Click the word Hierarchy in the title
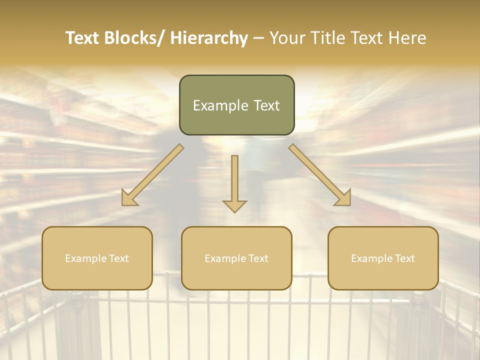tap(209, 38)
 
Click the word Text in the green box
tap(266, 105)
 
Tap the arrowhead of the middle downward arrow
tap(234, 205)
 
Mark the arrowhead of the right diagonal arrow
tap(343, 198)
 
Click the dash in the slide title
tap(258, 38)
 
